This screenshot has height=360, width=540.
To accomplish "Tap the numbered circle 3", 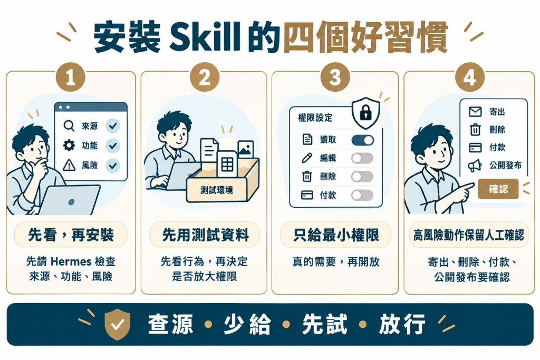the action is click(x=335, y=77).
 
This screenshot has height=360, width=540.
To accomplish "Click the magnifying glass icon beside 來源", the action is click(x=69, y=125).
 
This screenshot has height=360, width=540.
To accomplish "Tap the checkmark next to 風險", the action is click(x=113, y=166).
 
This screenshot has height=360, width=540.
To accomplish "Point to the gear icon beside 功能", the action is click(x=69, y=145).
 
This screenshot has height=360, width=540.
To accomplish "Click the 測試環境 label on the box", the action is click(x=217, y=190).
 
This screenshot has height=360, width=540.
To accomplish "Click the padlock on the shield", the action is click(x=365, y=112).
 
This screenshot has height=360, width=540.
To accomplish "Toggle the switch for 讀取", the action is click(x=362, y=140).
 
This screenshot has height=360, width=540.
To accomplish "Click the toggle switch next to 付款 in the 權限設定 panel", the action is click(x=362, y=195).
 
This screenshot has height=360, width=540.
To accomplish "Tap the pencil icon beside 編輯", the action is click(x=306, y=158).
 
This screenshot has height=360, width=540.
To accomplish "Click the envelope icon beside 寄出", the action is click(x=475, y=112).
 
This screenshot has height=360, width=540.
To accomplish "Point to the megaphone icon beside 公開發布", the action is click(x=475, y=166).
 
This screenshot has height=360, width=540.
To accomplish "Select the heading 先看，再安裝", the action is click(x=71, y=235).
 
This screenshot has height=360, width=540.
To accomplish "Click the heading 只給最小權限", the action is click(x=336, y=235).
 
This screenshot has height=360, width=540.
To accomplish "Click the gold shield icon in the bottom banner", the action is click(x=117, y=324).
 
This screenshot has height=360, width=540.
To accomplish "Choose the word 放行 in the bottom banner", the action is click(x=402, y=324).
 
